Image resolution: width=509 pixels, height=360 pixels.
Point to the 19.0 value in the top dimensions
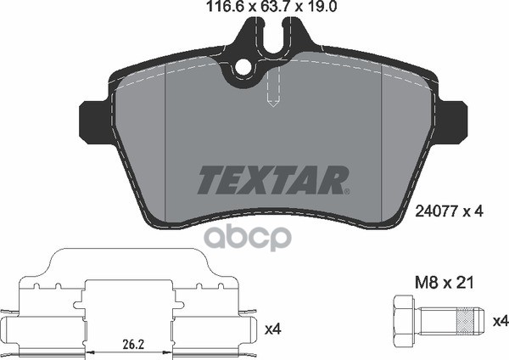click(x=322, y=6)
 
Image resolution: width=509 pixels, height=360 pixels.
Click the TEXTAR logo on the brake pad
click(x=272, y=180)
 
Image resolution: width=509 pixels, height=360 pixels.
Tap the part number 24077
click(x=437, y=212)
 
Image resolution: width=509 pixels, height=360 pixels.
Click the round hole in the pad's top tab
click(x=243, y=68)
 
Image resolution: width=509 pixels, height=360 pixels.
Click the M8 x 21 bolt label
click(x=445, y=283)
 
